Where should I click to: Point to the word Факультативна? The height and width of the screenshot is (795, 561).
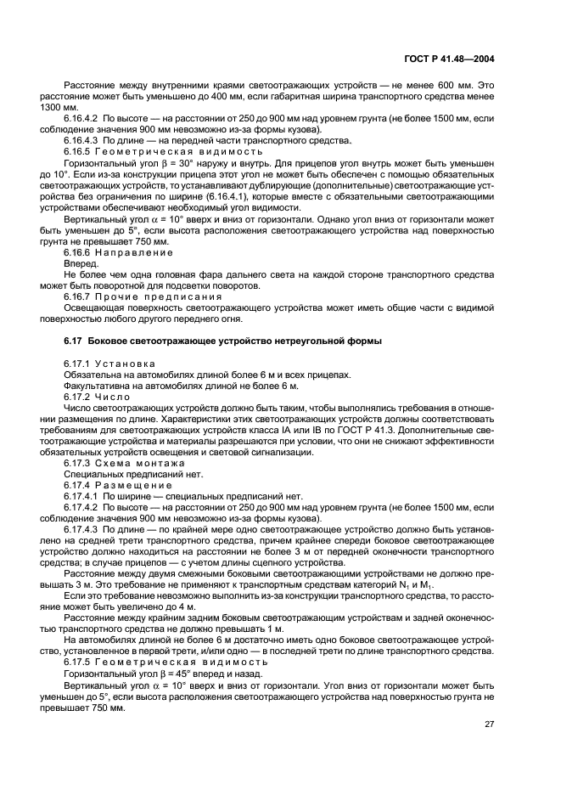pyautogui.click(x=96, y=386)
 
